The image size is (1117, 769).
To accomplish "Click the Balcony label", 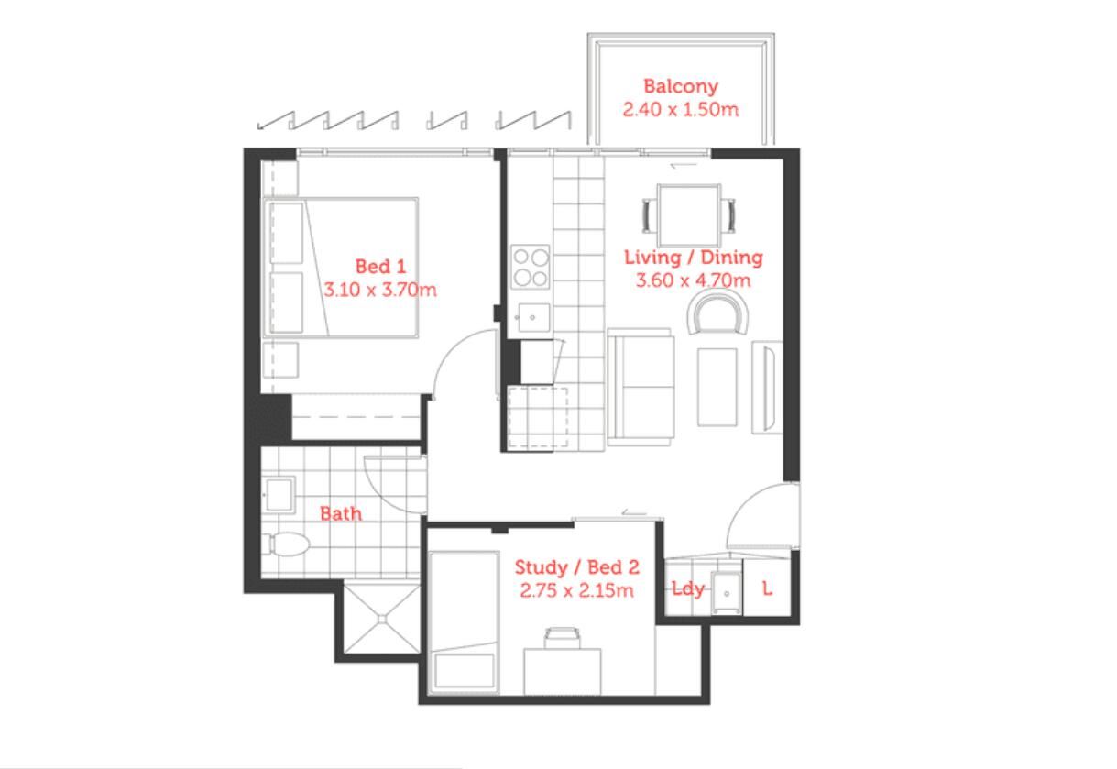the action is tap(681, 86).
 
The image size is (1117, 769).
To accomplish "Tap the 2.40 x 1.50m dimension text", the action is tap(681, 110).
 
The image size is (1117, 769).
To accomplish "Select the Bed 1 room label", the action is tap(380, 267).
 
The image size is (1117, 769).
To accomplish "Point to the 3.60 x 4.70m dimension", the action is tap(693, 280).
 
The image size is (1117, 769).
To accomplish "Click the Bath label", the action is tap(341, 513).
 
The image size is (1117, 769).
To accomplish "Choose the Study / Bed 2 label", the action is tap(577, 567).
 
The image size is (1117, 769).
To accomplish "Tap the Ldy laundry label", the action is tap(687, 589).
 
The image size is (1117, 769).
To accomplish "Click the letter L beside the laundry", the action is tap(768, 589).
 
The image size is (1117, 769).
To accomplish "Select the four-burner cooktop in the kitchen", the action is tap(530, 267).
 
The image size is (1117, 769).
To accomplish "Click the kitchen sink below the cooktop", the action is tap(533, 318).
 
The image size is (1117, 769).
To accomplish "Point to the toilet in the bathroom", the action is tap(286, 544).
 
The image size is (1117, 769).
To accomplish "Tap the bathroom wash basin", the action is tap(279, 495).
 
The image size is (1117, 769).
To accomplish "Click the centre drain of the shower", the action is tap(382, 619).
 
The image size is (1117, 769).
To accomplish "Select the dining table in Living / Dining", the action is tap(689, 215).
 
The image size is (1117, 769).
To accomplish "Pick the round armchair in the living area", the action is tap(718, 313).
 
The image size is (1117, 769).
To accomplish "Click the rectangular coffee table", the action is tap(717, 388).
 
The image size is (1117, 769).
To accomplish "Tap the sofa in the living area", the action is tap(641, 387).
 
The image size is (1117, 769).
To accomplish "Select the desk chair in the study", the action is tap(562, 638).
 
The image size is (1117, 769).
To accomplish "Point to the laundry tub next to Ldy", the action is tap(727, 593).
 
